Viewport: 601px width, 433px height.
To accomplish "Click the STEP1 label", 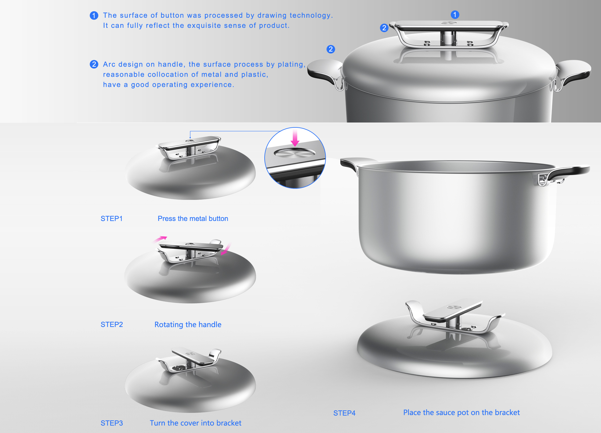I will pyautogui.click(x=111, y=218).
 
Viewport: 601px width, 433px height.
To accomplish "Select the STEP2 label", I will pyautogui.click(x=112, y=325).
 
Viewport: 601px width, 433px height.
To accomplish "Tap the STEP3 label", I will pyautogui.click(x=112, y=423).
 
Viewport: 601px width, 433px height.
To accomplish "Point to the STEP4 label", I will pyautogui.click(x=344, y=413).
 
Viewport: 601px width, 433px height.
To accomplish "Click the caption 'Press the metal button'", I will pyautogui.click(x=193, y=218).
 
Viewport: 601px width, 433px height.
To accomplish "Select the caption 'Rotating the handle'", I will pyautogui.click(x=188, y=325).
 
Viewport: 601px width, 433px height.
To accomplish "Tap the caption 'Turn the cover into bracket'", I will pyautogui.click(x=195, y=423).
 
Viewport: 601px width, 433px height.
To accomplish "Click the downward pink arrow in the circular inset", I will pyautogui.click(x=295, y=138).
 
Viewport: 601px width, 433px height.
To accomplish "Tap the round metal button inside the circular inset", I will pyautogui.click(x=295, y=152).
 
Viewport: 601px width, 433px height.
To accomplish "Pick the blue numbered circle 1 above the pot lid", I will pyautogui.click(x=455, y=14).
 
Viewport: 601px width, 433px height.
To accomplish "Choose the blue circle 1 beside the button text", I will pyautogui.click(x=94, y=15).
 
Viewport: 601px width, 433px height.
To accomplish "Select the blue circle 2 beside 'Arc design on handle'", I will pyautogui.click(x=94, y=64).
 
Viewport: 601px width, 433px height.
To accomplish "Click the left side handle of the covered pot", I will pyautogui.click(x=325, y=72).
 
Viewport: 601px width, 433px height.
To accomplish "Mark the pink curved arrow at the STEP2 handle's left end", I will pyautogui.click(x=160, y=239).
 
